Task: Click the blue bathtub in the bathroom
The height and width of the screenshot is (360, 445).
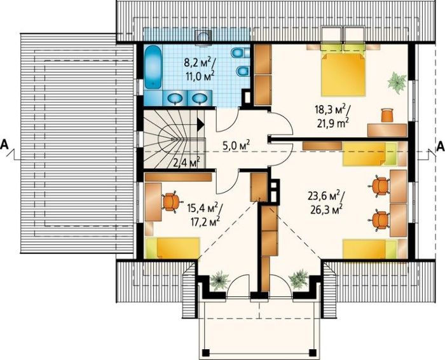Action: click(x=153, y=67)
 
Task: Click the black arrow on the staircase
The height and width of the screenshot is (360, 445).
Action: click(x=201, y=124)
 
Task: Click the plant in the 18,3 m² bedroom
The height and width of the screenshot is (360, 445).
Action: click(x=397, y=83)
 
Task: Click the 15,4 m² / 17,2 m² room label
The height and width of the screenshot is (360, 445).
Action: click(x=203, y=214)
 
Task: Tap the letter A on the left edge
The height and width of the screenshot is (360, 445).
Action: click(x=5, y=145)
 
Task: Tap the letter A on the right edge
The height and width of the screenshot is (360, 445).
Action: click(x=441, y=146)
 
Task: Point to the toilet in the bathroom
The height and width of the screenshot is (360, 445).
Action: click(x=240, y=53)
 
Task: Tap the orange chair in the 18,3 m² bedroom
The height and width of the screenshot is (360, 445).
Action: click(x=387, y=115)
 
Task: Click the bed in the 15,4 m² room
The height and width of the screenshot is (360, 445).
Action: click(x=172, y=248)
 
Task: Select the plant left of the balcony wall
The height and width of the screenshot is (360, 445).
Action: click(x=219, y=280)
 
